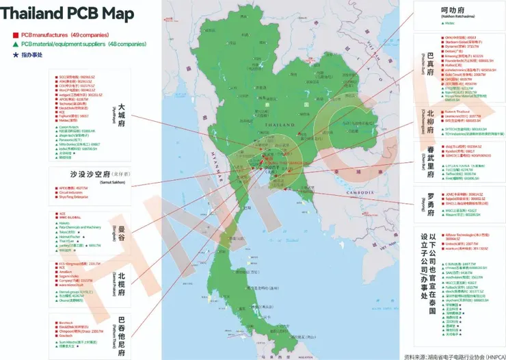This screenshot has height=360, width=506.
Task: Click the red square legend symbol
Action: [15, 34]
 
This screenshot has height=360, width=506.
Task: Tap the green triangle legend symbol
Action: [15, 44]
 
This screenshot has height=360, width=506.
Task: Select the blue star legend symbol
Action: [15, 53]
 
